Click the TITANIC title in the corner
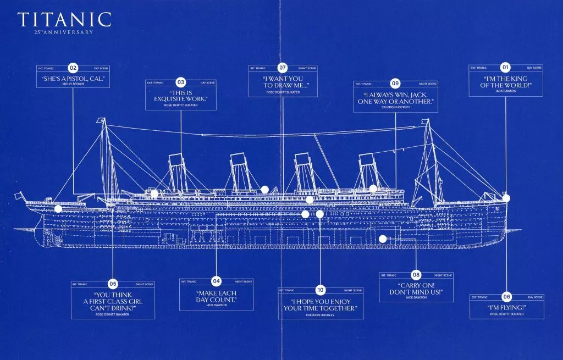click(64, 19)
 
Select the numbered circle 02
click(73, 68)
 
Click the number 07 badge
click(283, 68)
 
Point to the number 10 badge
click(321, 290)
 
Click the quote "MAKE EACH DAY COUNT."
click(217, 296)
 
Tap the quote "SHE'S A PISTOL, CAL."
click(73, 79)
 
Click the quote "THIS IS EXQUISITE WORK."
click(180, 96)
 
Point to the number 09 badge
click(395, 84)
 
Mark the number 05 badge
click(113, 284)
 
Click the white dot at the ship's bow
click(506, 198)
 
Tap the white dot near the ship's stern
click(58, 209)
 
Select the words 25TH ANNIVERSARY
click(64, 32)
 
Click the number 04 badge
click(217, 281)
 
